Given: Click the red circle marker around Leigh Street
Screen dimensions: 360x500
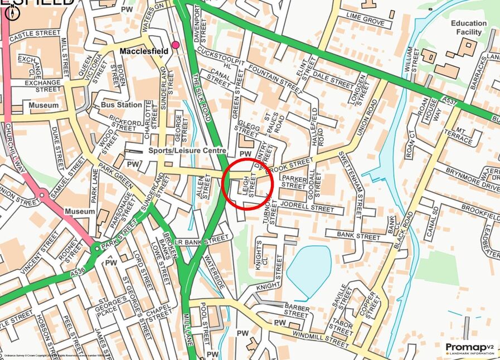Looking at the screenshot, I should click(x=247, y=183).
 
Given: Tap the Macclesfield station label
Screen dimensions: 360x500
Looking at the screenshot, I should click(x=144, y=51).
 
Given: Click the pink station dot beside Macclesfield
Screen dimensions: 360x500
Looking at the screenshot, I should click(x=176, y=45).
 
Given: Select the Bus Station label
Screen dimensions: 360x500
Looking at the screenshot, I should click(x=122, y=105).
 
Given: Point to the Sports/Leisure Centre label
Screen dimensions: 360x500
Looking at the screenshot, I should click(x=187, y=150).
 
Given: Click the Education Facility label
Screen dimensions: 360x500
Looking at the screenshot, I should click(x=469, y=28).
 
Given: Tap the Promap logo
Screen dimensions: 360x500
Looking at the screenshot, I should click(x=470, y=348).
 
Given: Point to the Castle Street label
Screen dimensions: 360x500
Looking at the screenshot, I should click(x=35, y=34).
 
